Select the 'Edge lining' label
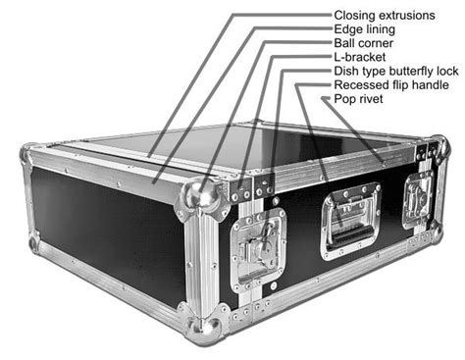coord(366,29)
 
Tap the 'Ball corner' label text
coord(365,43)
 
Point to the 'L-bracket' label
coord(358,58)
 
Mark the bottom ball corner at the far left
coord(34,242)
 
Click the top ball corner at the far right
coord(441,148)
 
